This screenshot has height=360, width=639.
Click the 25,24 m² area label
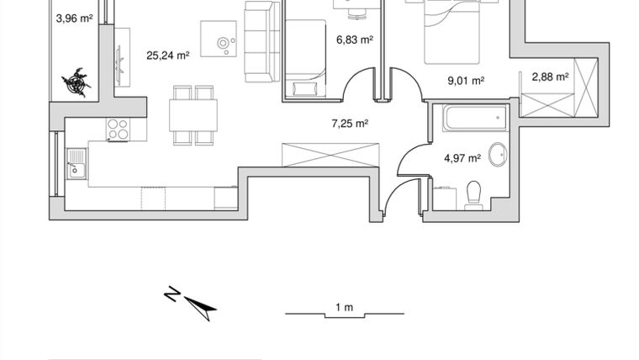[167, 56]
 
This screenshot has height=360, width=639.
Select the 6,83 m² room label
[354, 40]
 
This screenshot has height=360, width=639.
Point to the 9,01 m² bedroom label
[465, 82]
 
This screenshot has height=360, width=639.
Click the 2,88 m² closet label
[550, 77]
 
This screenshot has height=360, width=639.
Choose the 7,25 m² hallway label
[351, 124]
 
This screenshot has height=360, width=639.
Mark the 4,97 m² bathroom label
[462, 157]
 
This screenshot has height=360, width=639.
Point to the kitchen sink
[77, 161]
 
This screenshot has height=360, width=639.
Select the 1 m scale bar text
[343, 307]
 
